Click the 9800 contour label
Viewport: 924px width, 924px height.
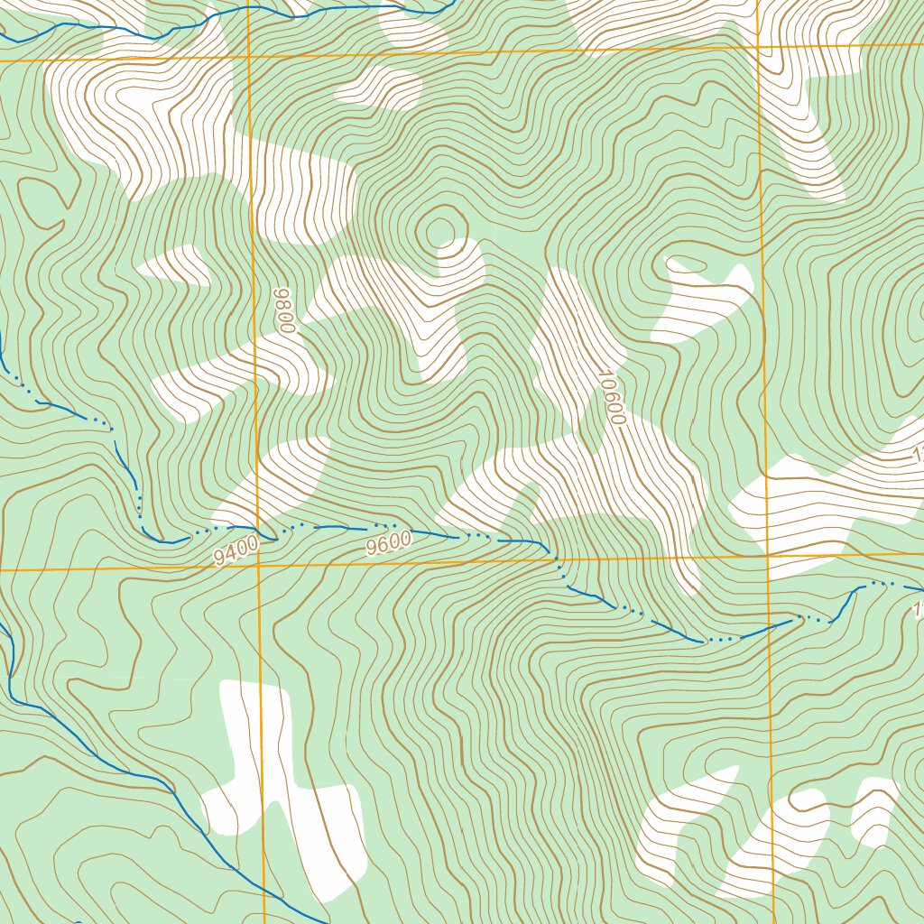pyautogui.click(x=286, y=311)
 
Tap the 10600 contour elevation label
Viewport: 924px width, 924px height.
pyautogui.click(x=611, y=397)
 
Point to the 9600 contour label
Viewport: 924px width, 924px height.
pyautogui.click(x=389, y=543)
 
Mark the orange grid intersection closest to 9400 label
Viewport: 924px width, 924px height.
pyautogui.click(x=258, y=568)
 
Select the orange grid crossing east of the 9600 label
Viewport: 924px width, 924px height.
pyautogui.click(x=767, y=557)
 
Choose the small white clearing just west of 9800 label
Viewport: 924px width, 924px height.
pyautogui.click(x=176, y=264)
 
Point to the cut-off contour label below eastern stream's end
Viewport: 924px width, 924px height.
pyautogui.click(x=918, y=613)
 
